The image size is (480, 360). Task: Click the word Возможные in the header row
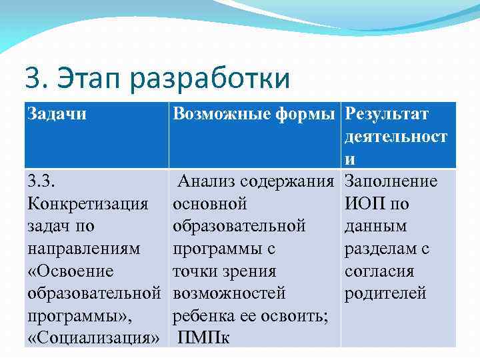pos(219,114)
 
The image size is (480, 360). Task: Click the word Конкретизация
pos(87,203)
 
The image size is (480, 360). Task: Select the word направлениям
pos(84,249)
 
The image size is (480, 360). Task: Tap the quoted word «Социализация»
pos(93,338)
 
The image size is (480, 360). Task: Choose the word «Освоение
pos(70,271)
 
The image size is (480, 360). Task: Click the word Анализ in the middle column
pos(207,181)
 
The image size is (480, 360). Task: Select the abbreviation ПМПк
pos(204,338)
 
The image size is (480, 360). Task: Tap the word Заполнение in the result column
pos(391,181)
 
